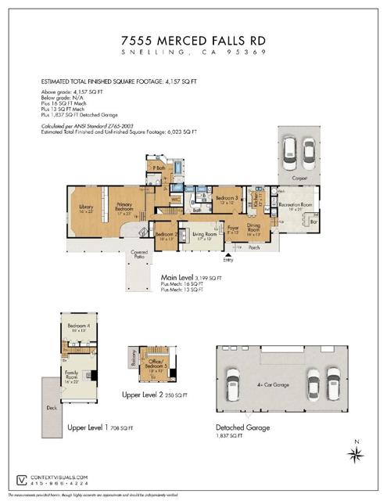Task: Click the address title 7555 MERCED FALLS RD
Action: [193, 38]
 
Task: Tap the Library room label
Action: [86, 208]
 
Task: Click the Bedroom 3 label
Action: [228, 199]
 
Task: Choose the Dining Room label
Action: [254, 232]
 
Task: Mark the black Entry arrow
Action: [228, 254]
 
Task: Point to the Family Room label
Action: [71, 377]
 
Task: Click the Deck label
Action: [52, 408]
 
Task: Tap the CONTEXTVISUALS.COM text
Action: [59, 477]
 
